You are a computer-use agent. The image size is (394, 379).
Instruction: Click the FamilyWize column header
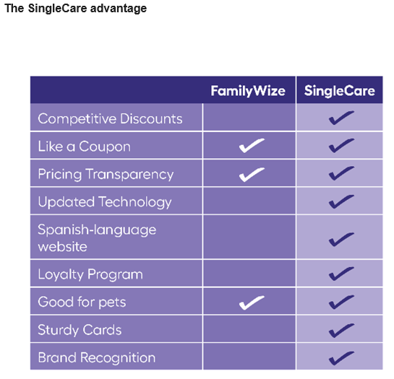pyautogui.click(x=248, y=91)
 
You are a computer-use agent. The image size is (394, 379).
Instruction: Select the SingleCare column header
pyautogui.click(x=340, y=91)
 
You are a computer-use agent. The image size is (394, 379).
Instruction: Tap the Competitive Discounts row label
pyautogui.click(x=110, y=118)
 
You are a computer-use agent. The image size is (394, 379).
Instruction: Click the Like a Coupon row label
pyautogui.click(x=84, y=147)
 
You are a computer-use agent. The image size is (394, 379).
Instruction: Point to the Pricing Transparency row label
pyautogui.click(x=106, y=174)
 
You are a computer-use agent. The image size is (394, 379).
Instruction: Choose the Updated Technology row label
pyautogui.click(x=105, y=202)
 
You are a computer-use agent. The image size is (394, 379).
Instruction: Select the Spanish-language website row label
pyautogui.click(x=97, y=238)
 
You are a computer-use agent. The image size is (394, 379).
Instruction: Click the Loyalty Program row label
pyautogui.click(x=90, y=274)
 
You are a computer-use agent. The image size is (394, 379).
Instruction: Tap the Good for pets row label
pyautogui.click(x=82, y=302)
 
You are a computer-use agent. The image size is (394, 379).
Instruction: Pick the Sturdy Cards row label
pyautogui.click(x=80, y=330)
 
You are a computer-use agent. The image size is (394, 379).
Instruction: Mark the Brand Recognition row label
pyautogui.click(x=97, y=357)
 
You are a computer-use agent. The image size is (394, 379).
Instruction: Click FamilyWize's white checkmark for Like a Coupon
pyautogui.click(x=252, y=146)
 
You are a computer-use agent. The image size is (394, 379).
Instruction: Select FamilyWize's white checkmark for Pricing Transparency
pyautogui.click(x=252, y=174)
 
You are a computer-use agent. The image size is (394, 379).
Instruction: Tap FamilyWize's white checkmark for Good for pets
pyautogui.click(x=252, y=302)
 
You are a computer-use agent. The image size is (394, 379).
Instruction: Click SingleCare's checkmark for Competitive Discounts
pyautogui.click(x=341, y=118)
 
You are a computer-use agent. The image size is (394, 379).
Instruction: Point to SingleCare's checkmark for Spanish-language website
pyautogui.click(x=341, y=239)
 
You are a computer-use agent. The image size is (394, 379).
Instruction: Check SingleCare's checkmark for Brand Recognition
pyautogui.click(x=341, y=358)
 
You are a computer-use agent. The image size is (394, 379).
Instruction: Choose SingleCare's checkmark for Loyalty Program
pyautogui.click(x=341, y=274)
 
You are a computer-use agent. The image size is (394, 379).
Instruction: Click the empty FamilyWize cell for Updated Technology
pyautogui.click(x=249, y=201)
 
